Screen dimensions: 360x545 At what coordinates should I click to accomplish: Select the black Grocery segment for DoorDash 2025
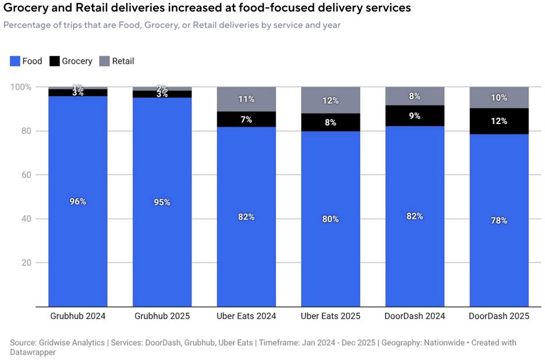[x=499, y=121]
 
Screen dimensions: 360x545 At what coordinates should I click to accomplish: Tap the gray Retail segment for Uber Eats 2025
[x=331, y=100]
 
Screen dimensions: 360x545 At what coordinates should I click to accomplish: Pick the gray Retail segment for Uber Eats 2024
[x=246, y=99]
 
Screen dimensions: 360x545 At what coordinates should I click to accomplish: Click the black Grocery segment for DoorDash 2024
[x=415, y=116]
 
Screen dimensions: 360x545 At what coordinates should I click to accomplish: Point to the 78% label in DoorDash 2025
[x=499, y=221]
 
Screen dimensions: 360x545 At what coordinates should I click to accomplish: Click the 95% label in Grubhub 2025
[x=162, y=202]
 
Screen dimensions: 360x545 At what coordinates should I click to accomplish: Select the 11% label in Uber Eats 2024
[x=246, y=99]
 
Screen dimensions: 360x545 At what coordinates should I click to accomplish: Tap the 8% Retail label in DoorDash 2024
[x=415, y=96]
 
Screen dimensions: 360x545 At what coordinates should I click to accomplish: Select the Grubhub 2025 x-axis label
[x=162, y=316]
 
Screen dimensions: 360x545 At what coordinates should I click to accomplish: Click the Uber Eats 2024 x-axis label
[x=246, y=316]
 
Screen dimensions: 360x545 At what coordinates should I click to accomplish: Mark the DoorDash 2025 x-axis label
[x=499, y=316]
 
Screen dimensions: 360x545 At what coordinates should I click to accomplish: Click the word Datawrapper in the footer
[x=35, y=352]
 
